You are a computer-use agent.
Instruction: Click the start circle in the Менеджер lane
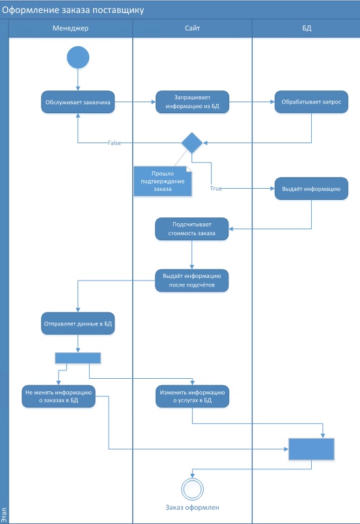(78, 57)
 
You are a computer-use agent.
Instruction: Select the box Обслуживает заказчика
(78, 102)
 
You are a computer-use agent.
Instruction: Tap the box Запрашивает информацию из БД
(192, 102)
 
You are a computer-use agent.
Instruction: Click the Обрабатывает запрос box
(311, 102)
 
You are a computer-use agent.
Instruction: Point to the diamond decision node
(192, 143)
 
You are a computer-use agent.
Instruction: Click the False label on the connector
(114, 143)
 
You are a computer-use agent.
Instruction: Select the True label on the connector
(216, 189)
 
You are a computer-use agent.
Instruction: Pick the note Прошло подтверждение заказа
(163, 181)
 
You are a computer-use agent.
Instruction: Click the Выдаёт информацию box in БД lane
(311, 189)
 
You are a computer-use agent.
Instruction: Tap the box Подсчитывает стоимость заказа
(191, 229)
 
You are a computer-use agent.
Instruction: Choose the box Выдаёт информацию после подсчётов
(191, 281)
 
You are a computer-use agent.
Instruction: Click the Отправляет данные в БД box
(78, 324)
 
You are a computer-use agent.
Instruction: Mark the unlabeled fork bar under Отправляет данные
(78, 358)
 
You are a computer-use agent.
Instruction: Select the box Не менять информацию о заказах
(59, 396)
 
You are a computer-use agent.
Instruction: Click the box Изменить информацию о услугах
(192, 396)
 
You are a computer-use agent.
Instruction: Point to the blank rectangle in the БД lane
(311, 449)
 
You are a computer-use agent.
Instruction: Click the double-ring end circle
(192, 490)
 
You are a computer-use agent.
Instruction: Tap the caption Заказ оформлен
(192, 507)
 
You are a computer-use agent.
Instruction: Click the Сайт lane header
(192, 28)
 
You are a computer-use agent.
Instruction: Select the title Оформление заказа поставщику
(73, 10)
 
